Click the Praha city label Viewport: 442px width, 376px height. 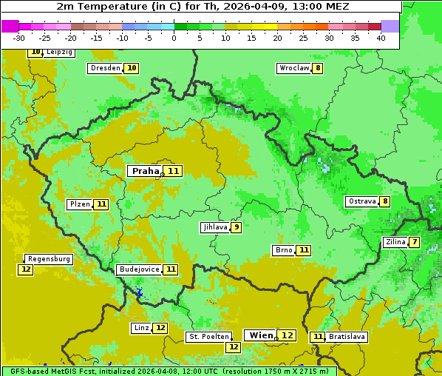click(x=145, y=171)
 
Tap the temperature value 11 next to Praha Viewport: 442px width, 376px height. click(x=174, y=171)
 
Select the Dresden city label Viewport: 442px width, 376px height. click(x=104, y=68)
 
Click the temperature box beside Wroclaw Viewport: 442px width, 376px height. click(x=318, y=68)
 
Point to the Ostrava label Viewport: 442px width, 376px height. click(x=361, y=201)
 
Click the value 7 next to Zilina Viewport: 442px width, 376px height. click(x=415, y=242)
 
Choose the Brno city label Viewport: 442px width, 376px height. click(x=283, y=250)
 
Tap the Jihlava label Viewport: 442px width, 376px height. click(x=214, y=227)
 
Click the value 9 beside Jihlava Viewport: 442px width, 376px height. click(x=237, y=227)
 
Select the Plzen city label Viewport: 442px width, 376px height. click(x=78, y=204)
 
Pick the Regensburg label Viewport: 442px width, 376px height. click(x=49, y=259)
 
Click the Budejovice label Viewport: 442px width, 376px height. click(x=138, y=269)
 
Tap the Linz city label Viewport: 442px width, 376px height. click(x=141, y=328)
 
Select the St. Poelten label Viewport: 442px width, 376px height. click(x=209, y=337)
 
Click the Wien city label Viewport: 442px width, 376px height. click(x=261, y=335)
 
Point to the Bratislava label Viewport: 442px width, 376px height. click(x=347, y=337)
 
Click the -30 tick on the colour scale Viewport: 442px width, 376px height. click(x=19, y=38)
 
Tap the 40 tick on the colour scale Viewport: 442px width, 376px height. click(x=381, y=38)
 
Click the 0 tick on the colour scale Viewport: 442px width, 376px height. click(x=174, y=38)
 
